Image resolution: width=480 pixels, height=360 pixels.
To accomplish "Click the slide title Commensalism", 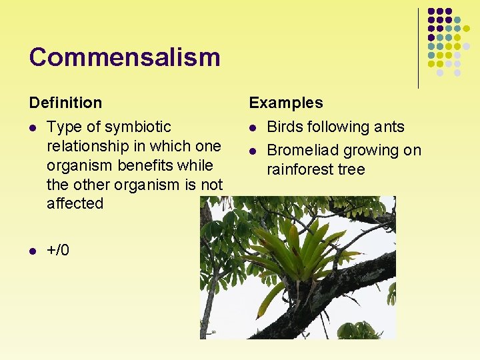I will (124, 57).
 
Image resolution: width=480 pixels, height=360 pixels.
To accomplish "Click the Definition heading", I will (65, 103).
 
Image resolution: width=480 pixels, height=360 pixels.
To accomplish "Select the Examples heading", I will (285, 103).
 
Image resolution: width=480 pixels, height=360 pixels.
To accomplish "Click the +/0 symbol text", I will (58, 250).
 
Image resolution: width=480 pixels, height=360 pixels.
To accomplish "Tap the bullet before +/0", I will (33, 251).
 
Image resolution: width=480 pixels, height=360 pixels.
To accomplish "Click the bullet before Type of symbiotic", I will (33, 127).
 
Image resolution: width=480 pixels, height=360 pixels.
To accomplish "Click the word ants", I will (388, 127).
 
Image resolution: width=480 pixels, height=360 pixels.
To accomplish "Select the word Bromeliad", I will (301, 151).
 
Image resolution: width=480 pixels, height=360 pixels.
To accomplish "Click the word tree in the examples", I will (353, 169).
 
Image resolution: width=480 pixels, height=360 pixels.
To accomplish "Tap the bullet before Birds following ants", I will (253, 127).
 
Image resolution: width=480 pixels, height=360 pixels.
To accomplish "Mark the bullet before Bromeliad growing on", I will (253, 151).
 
